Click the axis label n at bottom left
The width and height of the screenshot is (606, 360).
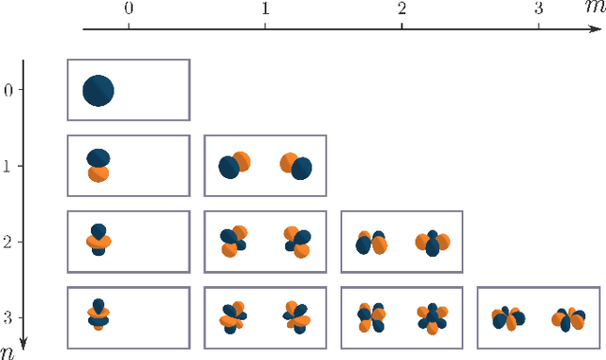click(x=8, y=351)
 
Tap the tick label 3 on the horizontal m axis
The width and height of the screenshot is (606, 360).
click(x=539, y=9)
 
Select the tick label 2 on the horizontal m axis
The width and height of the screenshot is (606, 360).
click(x=402, y=9)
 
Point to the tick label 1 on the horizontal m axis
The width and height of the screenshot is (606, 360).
click(x=265, y=9)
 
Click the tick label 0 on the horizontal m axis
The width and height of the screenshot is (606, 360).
click(x=129, y=9)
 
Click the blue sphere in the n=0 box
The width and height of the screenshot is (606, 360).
click(x=98, y=91)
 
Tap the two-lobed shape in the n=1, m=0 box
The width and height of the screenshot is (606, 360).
click(x=98, y=166)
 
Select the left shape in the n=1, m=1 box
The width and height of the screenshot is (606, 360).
click(x=234, y=166)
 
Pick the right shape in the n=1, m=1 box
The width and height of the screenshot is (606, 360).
click(x=296, y=166)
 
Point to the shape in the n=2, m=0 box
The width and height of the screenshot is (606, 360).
click(x=98, y=241)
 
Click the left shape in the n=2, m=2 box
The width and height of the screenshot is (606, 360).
click(x=371, y=243)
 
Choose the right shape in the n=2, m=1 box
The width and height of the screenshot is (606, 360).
click(x=296, y=241)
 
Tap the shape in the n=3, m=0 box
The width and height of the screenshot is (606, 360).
click(x=98, y=315)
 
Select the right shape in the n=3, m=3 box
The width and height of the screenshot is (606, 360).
click(x=569, y=318)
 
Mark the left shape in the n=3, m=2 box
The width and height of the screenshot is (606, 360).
click(x=371, y=316)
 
